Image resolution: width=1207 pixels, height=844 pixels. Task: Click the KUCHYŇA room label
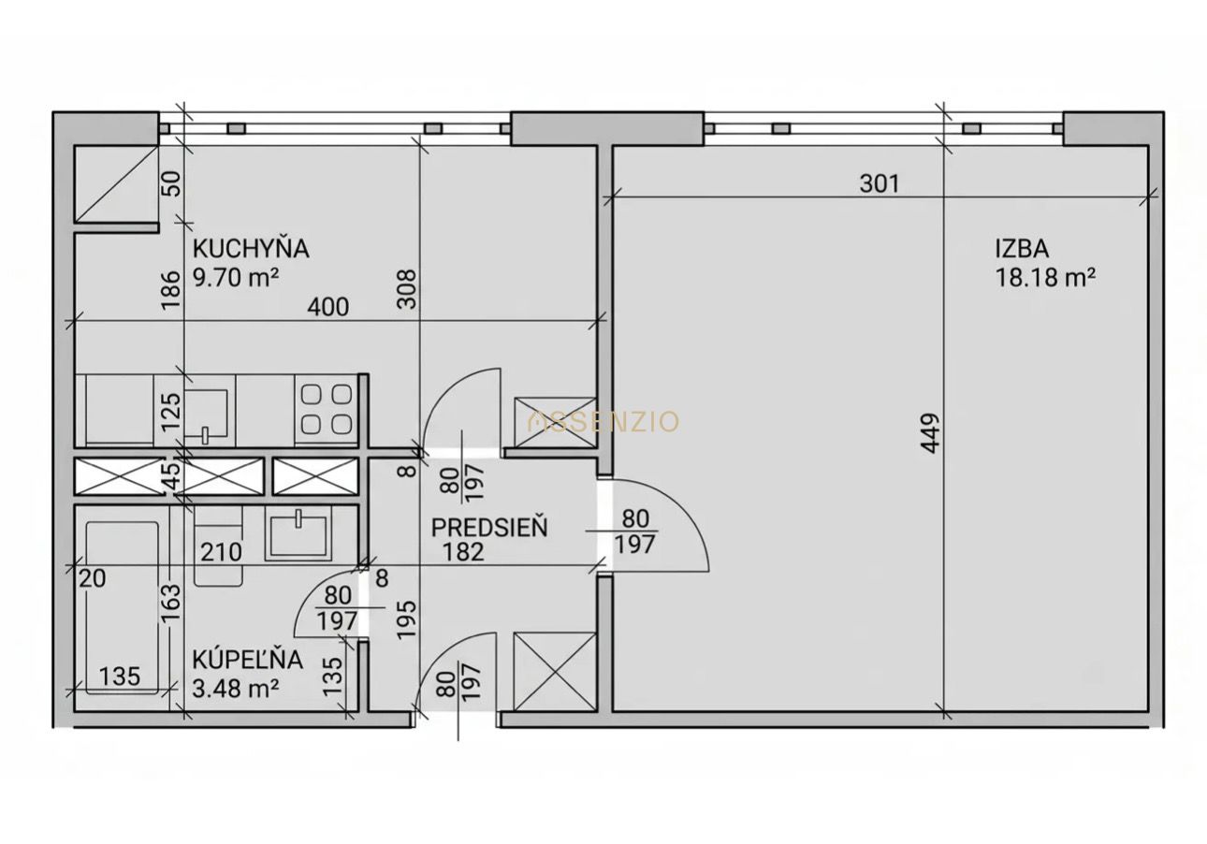click(251, 249)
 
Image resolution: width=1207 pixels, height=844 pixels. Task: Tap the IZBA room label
click(1022, 249)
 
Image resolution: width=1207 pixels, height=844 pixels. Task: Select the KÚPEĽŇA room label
click(248, 660)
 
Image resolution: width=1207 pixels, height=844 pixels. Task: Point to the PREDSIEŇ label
click(489, 528)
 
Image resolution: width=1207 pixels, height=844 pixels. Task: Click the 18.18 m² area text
click(1045, 278)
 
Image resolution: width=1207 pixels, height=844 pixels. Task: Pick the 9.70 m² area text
click(236, 278)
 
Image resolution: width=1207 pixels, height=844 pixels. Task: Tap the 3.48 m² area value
click(236, 689)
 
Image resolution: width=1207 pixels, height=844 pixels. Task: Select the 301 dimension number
click(880, 183)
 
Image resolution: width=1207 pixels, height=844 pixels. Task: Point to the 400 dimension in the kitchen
click(328, 307)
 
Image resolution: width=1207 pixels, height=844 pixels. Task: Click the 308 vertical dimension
click(407, 289)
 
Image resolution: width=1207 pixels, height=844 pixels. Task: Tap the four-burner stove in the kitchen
click(327, 410)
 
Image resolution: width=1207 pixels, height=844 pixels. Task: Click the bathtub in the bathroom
click(123, 608)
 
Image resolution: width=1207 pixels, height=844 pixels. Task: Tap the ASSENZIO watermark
click(603, 421)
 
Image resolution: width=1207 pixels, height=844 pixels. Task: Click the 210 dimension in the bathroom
click(221, 552)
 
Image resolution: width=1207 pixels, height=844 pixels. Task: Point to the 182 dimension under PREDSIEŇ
click(463, 552)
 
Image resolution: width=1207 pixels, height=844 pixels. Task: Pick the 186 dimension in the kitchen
click(170, 289)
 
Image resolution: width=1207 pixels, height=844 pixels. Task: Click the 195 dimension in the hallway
click(407, 619)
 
